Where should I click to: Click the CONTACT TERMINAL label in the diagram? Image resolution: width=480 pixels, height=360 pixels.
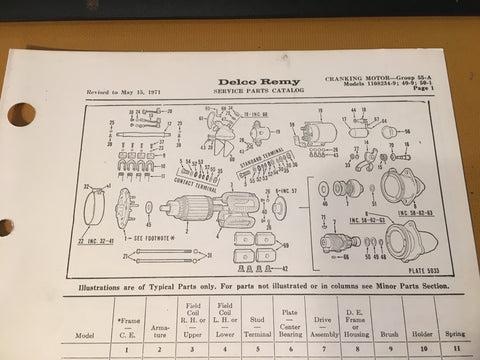click(196, 186)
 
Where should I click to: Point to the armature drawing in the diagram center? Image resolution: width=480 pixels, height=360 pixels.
click(200, 211)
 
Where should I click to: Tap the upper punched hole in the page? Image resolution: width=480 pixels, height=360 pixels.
click(20, 115)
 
